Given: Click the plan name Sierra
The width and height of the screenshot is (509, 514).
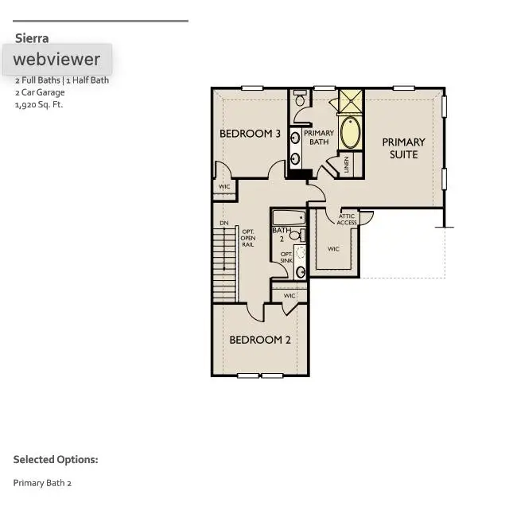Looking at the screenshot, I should click(x=32, y=38).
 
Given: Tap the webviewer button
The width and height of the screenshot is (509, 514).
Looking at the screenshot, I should click(x=56, y=59).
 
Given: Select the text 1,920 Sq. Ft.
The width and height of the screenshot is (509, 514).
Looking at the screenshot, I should click(x=38, y=104).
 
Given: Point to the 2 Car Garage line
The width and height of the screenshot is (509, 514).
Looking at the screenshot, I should click(x=40, y=92).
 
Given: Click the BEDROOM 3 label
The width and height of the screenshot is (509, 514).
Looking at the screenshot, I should click(x=250, y=134).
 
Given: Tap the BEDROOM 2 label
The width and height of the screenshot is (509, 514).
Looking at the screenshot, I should click(x=260, y=340).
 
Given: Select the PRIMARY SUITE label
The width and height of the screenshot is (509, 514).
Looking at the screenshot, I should click(x=403, y=148).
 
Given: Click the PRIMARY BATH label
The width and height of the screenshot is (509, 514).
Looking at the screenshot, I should click(x=318, y=138).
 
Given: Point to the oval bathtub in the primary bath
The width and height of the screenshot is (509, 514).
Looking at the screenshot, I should click(x=350, y=132).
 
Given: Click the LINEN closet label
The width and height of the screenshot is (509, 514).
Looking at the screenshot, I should click(x=347, y=164).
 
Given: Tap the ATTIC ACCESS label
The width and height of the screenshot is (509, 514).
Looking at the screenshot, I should click(x=347, y=220).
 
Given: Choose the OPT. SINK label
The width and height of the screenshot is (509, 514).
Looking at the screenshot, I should click(x=286, y=257).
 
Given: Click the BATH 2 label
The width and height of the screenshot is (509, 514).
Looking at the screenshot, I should click(x=281, y=235).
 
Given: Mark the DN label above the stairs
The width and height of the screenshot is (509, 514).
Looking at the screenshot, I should click(x=224, y=223).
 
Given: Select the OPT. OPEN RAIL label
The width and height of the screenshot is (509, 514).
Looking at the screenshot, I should click(x=248, y=238).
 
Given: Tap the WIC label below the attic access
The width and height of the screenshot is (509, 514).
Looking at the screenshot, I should click(x=333, y=249).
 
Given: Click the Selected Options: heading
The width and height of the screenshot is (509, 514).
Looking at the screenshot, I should click(x=56, y=460).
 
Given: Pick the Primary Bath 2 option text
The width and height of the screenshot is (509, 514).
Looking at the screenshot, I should click(x=42, y=483).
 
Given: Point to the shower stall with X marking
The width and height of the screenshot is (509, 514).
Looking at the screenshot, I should click(x=350, y=101).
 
